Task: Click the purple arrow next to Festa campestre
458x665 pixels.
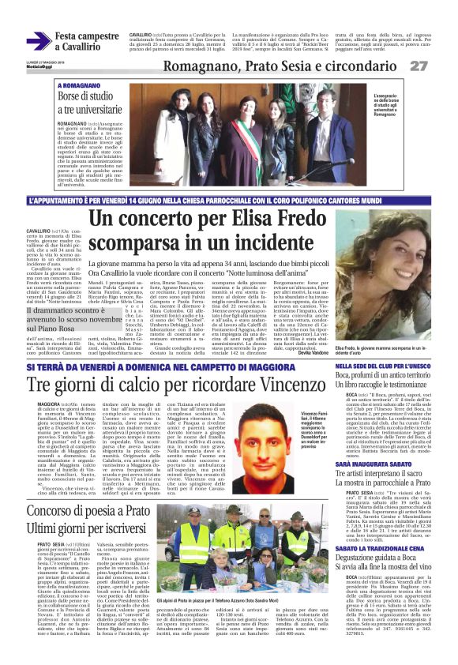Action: pos(39,41)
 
